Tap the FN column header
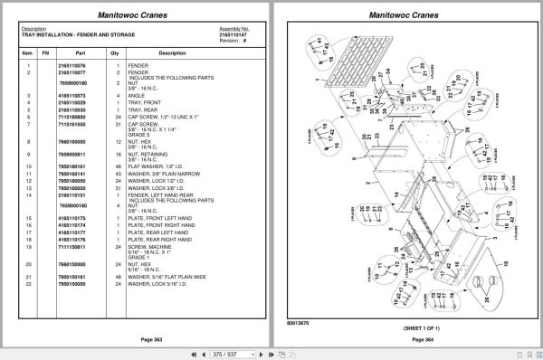click(x=46, y=52)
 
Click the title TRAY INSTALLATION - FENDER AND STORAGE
click(x=73, y=33)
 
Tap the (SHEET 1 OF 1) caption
click(x=400, y=327)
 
